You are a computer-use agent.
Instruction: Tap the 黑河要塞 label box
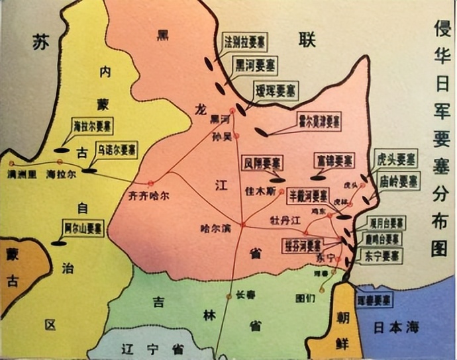pyautogui.click(x=256, y=66)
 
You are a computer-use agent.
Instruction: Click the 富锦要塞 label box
pyautogui.click(x=332, y=161)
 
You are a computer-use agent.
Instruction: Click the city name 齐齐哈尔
pyautogui.click(x=151, y=196)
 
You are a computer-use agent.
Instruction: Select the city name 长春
pyautogui.click(x=246, y=296)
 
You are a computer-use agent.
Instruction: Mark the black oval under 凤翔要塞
pyautogui.click(x=277, y=179)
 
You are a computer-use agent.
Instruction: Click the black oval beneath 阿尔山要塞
pyautogui.click(x=60, y=243)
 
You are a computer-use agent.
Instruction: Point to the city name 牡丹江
pyautogui.click(x=286, y=218)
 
